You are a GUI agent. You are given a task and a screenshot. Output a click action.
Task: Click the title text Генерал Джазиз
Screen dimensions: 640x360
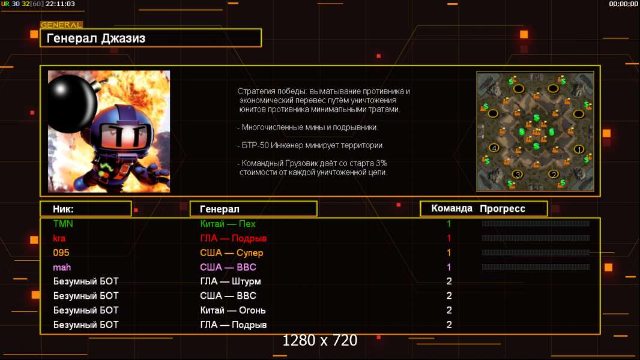96,38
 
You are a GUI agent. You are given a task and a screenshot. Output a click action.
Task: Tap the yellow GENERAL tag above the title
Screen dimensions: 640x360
61,25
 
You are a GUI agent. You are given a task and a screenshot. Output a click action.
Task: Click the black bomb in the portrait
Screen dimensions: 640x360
72,103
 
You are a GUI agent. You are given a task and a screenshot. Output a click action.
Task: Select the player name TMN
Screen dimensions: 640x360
63,224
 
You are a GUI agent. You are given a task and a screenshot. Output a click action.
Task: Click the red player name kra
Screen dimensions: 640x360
59,238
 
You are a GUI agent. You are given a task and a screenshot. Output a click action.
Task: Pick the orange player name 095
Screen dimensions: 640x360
61,253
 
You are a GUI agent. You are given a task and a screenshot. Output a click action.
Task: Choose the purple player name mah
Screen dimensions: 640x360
62,268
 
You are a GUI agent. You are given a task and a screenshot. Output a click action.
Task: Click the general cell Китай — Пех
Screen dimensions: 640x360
228,224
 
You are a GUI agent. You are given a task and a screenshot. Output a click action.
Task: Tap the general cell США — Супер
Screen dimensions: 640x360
231,253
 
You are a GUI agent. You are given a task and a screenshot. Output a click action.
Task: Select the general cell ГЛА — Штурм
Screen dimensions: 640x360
230,281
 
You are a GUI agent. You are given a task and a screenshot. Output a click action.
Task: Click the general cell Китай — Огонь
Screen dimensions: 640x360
233,310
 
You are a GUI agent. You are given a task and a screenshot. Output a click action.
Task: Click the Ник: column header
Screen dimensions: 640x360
63,209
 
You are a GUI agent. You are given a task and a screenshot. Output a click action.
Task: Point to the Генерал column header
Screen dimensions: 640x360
220,209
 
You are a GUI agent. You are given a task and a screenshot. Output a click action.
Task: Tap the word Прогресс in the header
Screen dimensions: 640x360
503,209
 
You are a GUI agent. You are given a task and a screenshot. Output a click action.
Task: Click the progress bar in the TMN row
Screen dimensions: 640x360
536,223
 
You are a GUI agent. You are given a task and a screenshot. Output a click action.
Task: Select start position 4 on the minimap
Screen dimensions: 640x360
494,148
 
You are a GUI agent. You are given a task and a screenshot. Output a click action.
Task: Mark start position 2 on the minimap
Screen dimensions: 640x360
554,174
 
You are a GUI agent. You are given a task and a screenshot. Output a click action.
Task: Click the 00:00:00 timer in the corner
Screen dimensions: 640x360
623,4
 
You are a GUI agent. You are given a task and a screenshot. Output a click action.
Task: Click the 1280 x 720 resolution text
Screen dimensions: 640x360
320,340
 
